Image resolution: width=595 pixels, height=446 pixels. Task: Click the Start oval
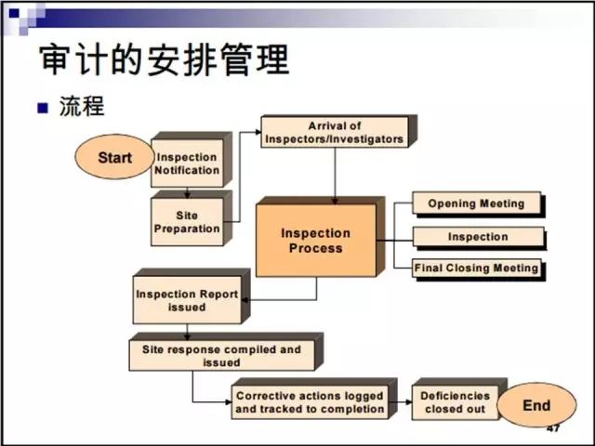(114, 157)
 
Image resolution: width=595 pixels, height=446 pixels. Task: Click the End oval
(536, 405)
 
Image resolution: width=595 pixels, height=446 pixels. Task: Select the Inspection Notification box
(187, 164)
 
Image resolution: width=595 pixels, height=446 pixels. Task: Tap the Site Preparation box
(187, 221)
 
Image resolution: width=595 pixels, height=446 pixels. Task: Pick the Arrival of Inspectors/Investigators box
(334, 133)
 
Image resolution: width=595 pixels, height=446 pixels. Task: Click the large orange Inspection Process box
(316, 240)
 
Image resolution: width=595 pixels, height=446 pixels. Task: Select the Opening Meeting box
(476, 203)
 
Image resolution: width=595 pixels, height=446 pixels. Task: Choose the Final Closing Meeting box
(476, 269)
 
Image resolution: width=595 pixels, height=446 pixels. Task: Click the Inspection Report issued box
(187, 300)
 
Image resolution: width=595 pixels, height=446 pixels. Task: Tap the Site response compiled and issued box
(221, 356)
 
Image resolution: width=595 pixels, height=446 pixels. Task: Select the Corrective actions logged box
(309, 402)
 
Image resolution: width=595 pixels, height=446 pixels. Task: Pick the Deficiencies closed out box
(454, 402)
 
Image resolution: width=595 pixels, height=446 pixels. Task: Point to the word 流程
(82, 105)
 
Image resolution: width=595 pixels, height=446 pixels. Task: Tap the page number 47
(552, 429)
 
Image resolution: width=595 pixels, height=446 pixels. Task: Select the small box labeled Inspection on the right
(477, 236)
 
